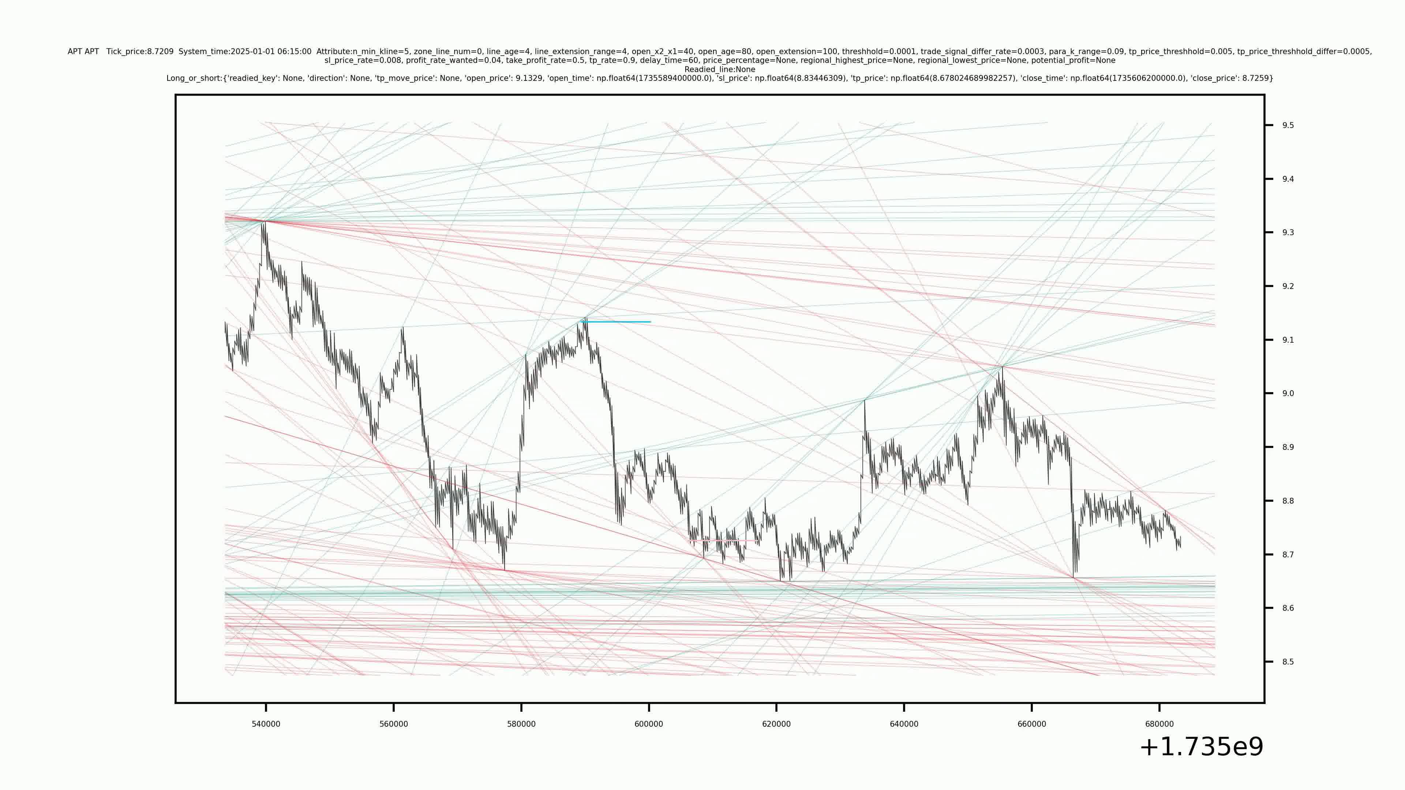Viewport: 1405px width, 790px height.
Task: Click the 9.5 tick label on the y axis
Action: [x=1288, y=125]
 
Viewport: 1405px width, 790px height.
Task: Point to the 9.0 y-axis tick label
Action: [x=1288, y=394]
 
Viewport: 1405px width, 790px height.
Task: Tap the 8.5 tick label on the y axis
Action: [x=1288, y=662]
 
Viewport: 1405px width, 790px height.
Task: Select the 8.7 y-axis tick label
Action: [x=1288, y=554]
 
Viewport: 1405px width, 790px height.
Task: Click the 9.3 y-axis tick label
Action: [x=1288, y=233]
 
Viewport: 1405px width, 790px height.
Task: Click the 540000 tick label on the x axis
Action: [x=266, y=724]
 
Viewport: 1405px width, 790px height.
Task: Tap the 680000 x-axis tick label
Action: [x=1159, y=724]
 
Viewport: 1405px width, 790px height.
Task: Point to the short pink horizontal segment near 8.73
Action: [x=723, y=540]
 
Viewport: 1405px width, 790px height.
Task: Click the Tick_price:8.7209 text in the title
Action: [x=140, y=52]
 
